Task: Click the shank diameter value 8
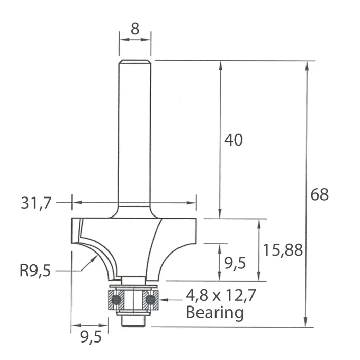tap(135, 29)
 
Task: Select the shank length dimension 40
tap(233, 140)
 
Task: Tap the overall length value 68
tap(319, 194)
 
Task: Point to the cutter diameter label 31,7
tap(36, 203)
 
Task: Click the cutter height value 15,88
tap(283, 250)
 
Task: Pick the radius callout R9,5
tap(35, 271)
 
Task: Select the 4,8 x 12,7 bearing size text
tap(221, 296)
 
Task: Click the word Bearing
tap(214, 313)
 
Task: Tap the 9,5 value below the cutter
tap(91, 337)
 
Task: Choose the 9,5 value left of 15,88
tap(235, 263)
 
